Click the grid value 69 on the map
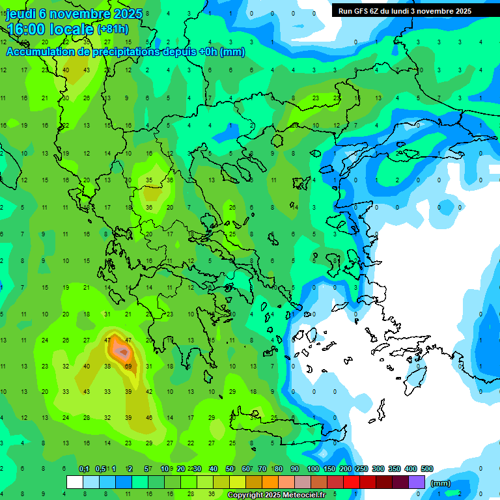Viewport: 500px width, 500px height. pyautogui.click(x=128, y=367)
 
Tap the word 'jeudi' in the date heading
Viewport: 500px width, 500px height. pyautogui.click(x=21, y=14)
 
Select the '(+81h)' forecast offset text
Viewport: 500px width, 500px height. pyautogui.click(x=113, y=29)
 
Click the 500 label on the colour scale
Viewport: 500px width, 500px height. pyautogui.click(x=427, y=469)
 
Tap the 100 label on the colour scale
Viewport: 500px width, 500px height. pyautogui.click(x=313, y=469)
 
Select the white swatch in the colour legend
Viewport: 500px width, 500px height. pyautogui.click(x=75, y=482)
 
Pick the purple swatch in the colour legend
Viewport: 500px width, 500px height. pyautogui.click(x=417, y=482)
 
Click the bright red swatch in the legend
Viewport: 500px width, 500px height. pyautogui.click(x=352, y=482)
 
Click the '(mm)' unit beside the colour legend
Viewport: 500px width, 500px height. pyautogui.click(x=441, y=483)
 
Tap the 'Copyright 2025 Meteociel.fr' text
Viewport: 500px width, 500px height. pyautogui.click(x=277, y=495)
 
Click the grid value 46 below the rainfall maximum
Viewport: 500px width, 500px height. pyautogui.click(x=149, y=417)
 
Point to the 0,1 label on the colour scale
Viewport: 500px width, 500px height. pyautogui.click(x=84, y=469)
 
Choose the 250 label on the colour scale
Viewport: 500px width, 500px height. pyautogui.click(x=362, y=469)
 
